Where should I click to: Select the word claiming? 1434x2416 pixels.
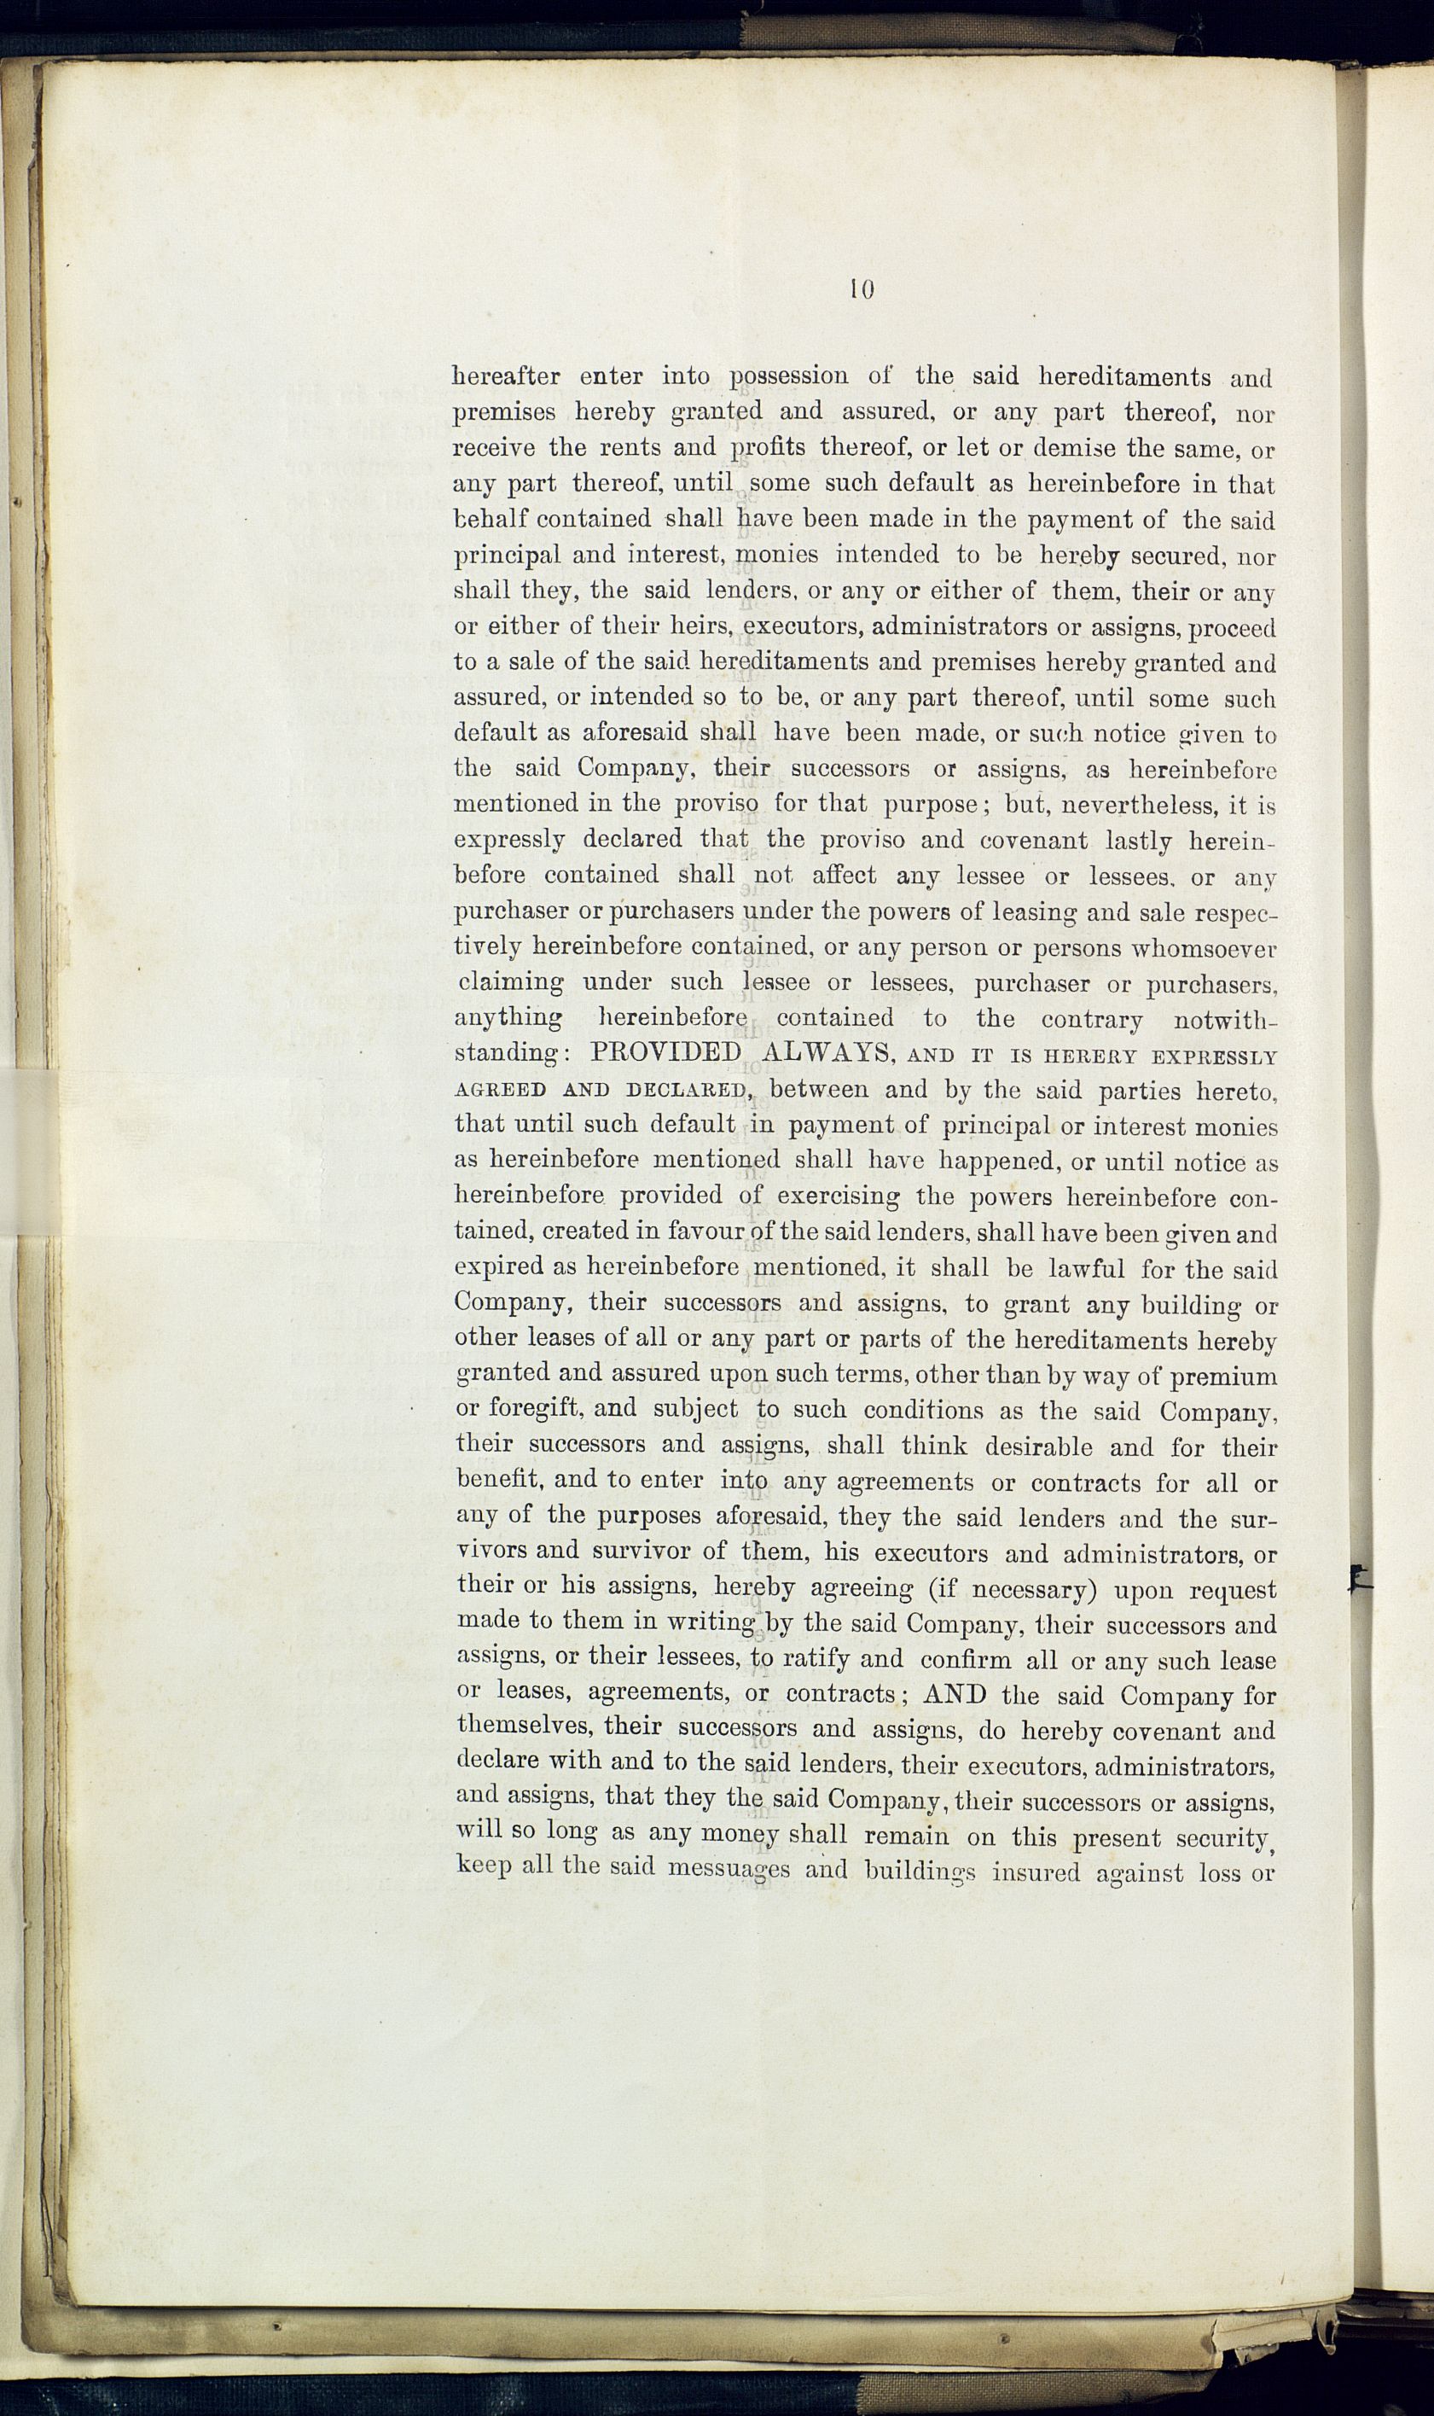tap(511, 984)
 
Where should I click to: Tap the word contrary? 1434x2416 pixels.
tap(1092, 1019)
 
